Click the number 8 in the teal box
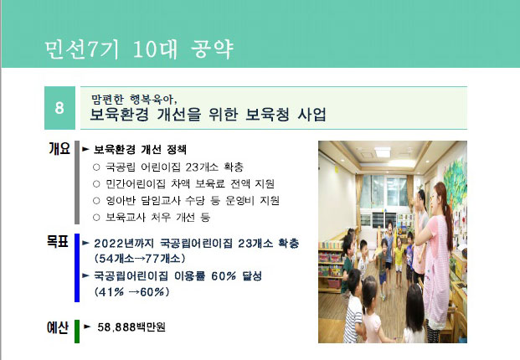pos(59,108)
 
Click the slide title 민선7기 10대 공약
pos(139,49)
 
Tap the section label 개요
pos(59,148)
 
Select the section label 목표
pos(58,241)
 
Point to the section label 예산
pos(58,327)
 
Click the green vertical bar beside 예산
pos(77,332)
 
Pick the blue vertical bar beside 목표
pos(77,268)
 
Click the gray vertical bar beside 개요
pos(77,183)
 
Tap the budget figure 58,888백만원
pos(131,327)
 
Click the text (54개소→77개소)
pos(140,258)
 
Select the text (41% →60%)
pos(132,292)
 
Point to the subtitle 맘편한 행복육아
pos(134,99)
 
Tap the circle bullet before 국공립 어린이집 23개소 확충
pos(96,167)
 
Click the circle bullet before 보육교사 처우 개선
pos(96,218)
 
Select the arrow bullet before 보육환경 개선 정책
pos(86,149)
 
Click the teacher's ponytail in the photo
pos(448,212)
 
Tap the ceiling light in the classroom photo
pos(383,152)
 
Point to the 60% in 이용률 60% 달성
pos(224,275)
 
